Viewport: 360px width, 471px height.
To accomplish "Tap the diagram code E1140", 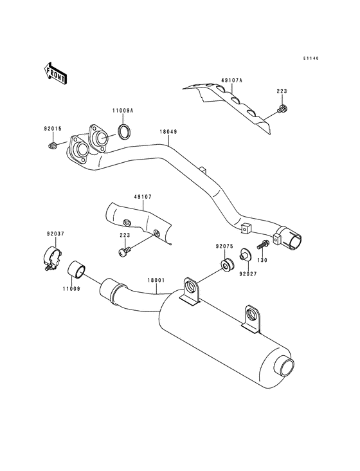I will (312, 59).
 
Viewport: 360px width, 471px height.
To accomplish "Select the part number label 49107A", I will (231, 80).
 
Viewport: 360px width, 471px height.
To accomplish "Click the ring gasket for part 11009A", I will (125, 133).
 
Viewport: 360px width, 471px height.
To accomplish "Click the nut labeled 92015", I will (51, 147).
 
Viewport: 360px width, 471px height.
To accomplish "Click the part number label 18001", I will (156, 281).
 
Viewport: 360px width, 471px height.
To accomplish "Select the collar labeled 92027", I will (245, 254).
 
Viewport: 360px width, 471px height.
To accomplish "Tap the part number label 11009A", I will (123, 111).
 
